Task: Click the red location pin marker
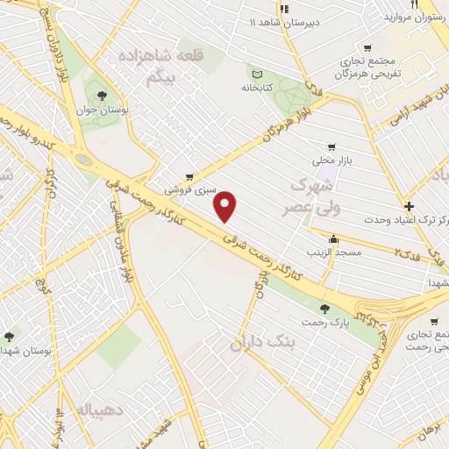pos(227,205)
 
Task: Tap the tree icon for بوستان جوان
pos(103,93)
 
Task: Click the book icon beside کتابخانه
pos(257,74)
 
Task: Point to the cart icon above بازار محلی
pos(330,146)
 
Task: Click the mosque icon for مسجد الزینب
pos(333,239)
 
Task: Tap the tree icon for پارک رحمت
pos(324,308)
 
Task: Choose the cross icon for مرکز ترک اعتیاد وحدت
pos(409,205)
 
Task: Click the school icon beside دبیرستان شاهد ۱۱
pos(283,8)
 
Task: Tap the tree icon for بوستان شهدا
pos(10,335)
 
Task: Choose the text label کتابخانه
pos(257,88)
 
